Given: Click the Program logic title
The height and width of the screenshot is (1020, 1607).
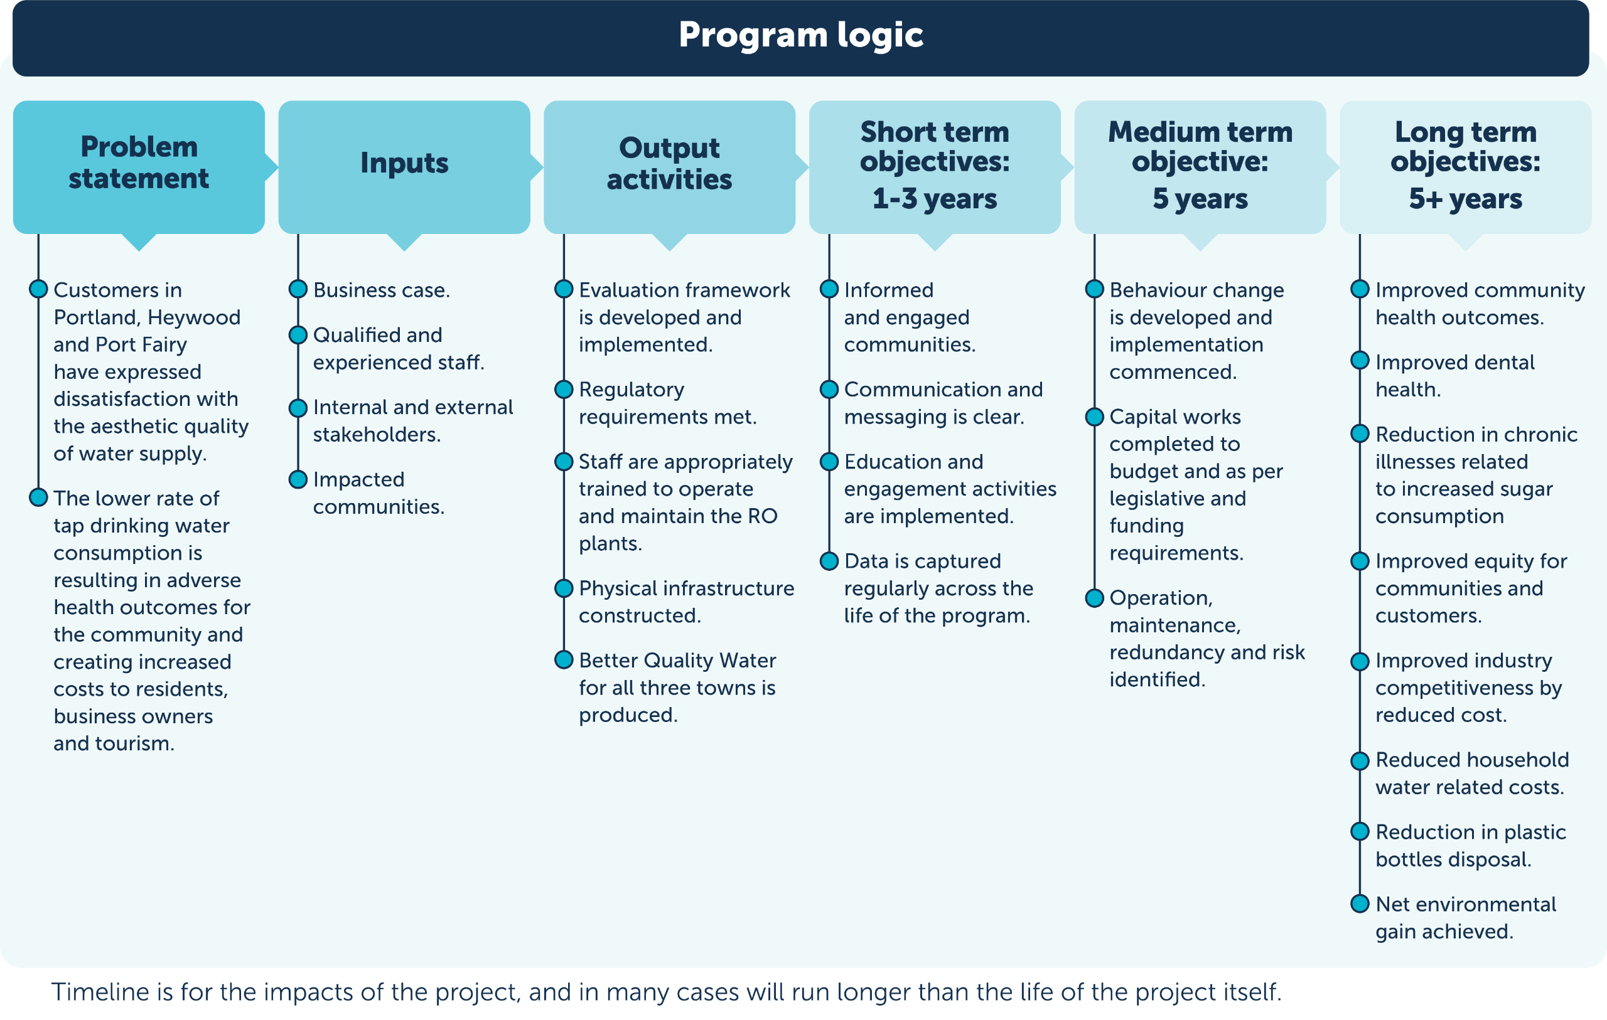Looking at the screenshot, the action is coord(801,35).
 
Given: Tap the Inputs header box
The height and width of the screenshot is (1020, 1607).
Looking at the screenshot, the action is coord(404,167).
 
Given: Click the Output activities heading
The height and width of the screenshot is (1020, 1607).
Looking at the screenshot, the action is coord(669,164).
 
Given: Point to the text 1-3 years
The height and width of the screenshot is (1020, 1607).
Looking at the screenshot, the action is coord(934,199).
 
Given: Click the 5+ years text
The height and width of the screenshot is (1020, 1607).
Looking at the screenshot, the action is coord(1466,199).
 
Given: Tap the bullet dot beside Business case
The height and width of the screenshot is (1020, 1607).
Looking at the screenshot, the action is coord(298,290).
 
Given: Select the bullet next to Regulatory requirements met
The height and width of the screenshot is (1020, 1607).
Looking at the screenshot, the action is coord(564,389).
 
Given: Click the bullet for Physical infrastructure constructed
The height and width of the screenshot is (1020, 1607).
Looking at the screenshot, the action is coord(564,588).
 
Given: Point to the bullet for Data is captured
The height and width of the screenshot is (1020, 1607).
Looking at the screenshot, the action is coord(829,561).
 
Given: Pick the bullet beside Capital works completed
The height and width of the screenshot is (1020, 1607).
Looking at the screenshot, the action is coord(1095,417).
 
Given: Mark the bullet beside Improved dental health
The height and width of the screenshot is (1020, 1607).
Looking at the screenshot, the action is coord(1360,361).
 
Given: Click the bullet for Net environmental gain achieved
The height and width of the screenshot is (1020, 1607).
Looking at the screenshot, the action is coord(1360,904).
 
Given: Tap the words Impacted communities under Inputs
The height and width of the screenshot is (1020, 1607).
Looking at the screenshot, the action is coord(379,493).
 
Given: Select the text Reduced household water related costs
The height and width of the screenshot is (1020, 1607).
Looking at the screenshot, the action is coord(1471,773).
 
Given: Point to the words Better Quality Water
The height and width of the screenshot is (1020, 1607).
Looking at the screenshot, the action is coord(677,661).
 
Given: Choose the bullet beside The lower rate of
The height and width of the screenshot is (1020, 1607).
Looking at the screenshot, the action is coord(39,497).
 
